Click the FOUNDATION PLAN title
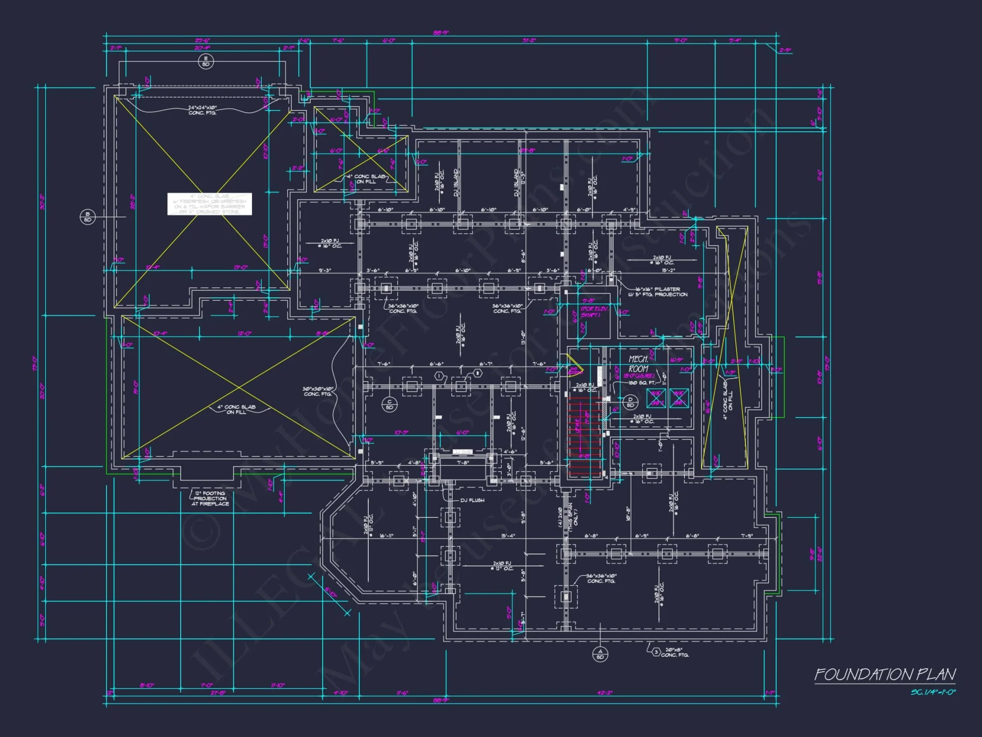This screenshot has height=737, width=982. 885,675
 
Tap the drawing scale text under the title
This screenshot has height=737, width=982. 933,692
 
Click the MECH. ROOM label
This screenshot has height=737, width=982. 638,364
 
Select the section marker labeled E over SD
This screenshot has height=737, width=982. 206,61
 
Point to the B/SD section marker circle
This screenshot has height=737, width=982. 87,217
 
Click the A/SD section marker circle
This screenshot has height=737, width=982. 600,654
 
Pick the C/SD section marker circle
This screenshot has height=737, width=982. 389,404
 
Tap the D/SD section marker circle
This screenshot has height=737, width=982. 630,402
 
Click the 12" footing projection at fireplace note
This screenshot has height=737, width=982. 210,498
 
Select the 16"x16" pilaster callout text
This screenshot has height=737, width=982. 658,292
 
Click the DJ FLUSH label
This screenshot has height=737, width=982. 472,500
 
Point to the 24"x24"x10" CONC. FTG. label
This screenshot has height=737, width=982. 202,110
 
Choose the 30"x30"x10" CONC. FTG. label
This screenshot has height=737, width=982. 318,391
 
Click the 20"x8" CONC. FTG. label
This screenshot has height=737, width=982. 675,652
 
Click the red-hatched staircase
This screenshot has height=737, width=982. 584,437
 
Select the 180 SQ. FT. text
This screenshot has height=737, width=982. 642,382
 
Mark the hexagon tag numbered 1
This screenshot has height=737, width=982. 439,376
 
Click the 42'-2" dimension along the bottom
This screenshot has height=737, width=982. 605,693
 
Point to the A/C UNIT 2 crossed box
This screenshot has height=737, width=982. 656,398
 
